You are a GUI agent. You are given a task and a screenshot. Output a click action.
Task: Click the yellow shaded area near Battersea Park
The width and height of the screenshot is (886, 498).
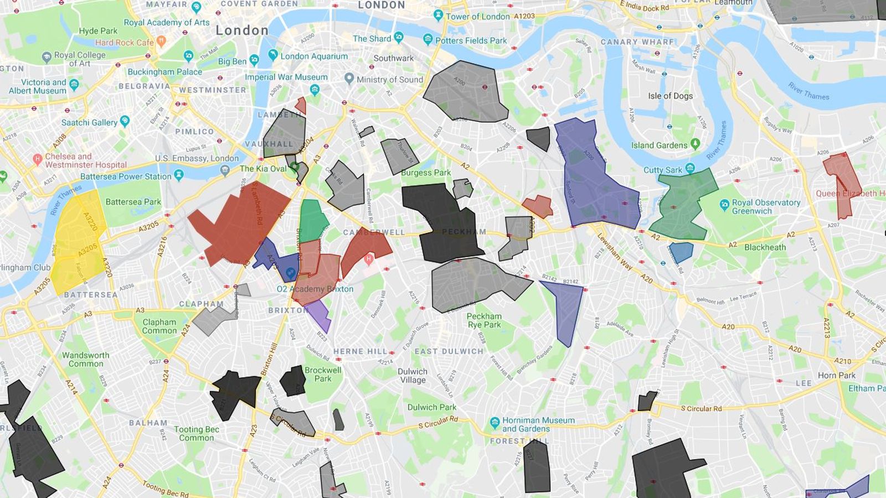(x=78, y=238)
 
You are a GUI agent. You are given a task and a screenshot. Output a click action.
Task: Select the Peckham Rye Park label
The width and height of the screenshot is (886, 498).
(x=483, y=320)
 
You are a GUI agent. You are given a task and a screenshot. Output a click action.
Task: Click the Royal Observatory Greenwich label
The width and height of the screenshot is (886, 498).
(x=766, y=206)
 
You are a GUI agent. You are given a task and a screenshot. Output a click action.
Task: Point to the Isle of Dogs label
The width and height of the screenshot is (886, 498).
(x=670, y=96)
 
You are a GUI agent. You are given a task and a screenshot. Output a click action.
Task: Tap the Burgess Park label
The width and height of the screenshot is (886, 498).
(x=426, y=173)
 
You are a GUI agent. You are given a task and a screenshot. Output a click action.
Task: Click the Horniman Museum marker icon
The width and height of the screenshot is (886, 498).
(x=494, y=424)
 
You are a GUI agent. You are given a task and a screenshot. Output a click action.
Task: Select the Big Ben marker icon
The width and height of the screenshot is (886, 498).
(x=254, y=60)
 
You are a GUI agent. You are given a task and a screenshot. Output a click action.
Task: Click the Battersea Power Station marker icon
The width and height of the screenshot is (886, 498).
(x=178, y=175)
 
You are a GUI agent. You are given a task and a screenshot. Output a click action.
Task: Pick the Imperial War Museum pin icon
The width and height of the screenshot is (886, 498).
(x=315, y=89)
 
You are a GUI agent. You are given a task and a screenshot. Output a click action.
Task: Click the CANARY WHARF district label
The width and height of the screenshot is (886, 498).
(x=637, y=42)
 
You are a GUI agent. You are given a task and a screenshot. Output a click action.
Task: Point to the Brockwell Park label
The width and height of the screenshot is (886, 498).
(x=322, y=375)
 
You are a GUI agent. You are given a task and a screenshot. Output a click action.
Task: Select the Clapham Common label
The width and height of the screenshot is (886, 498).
(x=159, y=326)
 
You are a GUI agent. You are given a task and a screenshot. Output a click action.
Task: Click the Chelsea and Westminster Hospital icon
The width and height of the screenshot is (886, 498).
(x=37, y=160)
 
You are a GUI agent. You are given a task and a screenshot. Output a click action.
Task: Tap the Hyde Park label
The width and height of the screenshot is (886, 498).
(x=98, y=31)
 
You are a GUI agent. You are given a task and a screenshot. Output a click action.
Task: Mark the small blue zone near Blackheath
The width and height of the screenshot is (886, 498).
(x=681, y=252)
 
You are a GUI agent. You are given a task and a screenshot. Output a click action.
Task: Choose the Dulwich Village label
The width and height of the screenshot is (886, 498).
(x=413, y=376)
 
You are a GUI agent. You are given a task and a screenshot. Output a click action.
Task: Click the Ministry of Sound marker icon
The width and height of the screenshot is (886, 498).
(x=349, y=79)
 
